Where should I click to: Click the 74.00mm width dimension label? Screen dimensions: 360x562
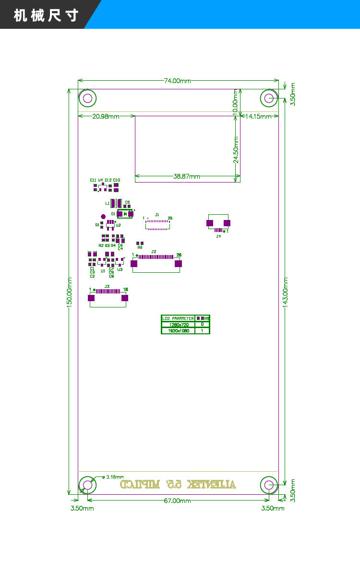pyautogui.click(x=178, y=81)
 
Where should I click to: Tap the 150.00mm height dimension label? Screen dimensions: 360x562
pyautogui.click(x=69, y=292)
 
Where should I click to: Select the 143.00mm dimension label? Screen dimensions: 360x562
pyautogui.click(x=286, y=292)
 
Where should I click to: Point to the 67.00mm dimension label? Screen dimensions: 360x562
pyautogui.click(x=178, y=501)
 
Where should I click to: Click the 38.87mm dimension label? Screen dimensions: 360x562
pyautogui.click(x=187, y=176)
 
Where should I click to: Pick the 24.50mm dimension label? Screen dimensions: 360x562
pyautogui.click(x=236, y=149)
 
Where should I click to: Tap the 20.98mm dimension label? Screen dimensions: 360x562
pyautogui.click(x=106, y=116)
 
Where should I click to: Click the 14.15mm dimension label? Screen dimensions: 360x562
pyautogui.click(x=259, y=116)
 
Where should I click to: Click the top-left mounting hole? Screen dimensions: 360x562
pyautogui.click(x=87, y=98)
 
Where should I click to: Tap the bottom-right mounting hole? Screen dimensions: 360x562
pyautogui.click(x=269, y=485)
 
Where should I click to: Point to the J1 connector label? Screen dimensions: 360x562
pyautogui.click(x=157, y=214)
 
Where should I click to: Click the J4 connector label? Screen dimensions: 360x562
pyautogui.click(x=218, y=236)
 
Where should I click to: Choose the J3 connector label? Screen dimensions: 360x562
pyautogui.click(x=107, y=286)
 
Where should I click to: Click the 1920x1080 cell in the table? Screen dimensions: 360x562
pyautogui.click(x=178, y=331)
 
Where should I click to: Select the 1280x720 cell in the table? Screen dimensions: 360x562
pyautogui.click(x=178, y=325)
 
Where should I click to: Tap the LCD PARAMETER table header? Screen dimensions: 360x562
pyautogui.click(x=178, y=318)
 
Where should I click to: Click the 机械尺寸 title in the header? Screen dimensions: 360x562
pyautogui.click(x=46, y=15)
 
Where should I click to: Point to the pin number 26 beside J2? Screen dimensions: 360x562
pyautogui.click(x=179, y=255)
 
